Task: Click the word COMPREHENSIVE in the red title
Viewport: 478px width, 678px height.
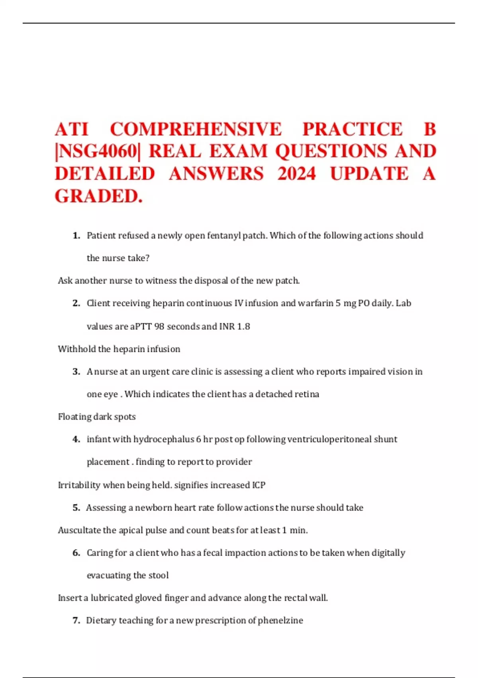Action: coord(196,129)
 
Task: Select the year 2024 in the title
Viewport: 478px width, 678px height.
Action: coord(297,174)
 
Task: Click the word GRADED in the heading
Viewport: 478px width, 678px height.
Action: coord(97,196)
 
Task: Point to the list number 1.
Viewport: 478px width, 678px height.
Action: coord(76,236)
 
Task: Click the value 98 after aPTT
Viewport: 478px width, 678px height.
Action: coord(159,327)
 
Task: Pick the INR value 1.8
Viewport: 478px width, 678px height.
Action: coord(243,327)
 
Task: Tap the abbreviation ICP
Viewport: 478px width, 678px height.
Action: coord(259,485)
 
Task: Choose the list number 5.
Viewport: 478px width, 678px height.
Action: coord(76,508)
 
